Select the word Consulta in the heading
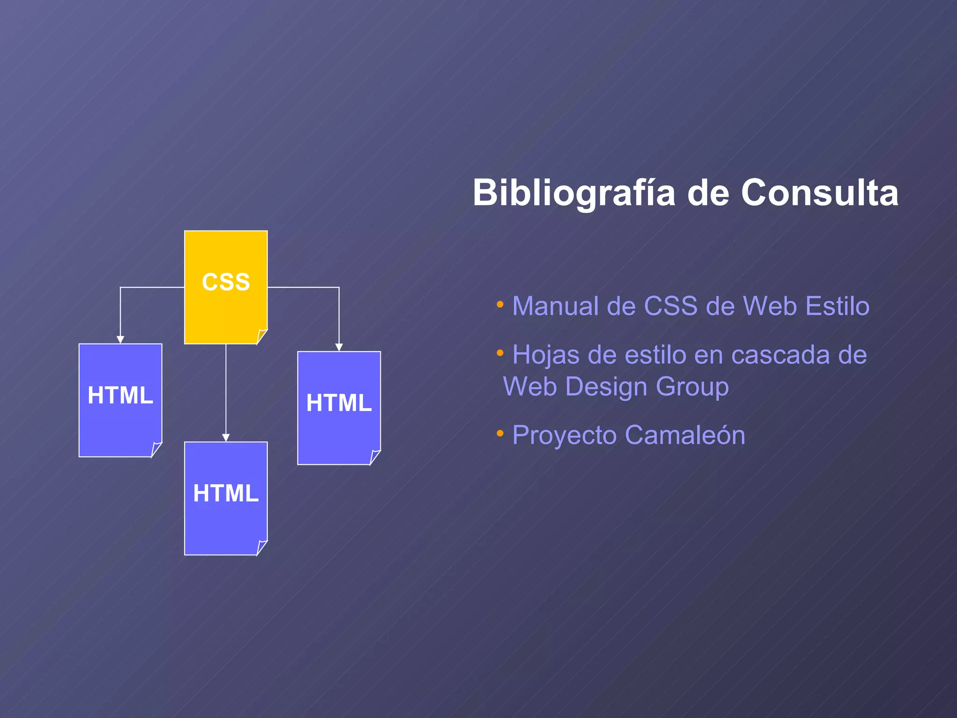[x=820, y=193]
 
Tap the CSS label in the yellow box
[x=226, y=282]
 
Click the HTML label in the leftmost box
[x=120, y=395]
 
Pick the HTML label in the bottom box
[x=226, y=493]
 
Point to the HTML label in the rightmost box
[x=339, y=402]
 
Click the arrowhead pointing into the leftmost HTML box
[x=120, y=340]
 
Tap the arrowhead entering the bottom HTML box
[x=226, y=438]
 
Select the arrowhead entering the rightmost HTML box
[x=339, y=347]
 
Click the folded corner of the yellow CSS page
[x=262, y=337]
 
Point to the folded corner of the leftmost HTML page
[x=156, y=449]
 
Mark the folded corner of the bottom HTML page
[x=262, y=547]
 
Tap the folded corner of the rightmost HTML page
[x=375, y=457]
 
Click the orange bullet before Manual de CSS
[x=500, y=305]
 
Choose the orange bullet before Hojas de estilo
[x=500, y=353]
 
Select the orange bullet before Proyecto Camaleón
[x=500, y=434]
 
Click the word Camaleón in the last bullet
[x=685, y=435]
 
